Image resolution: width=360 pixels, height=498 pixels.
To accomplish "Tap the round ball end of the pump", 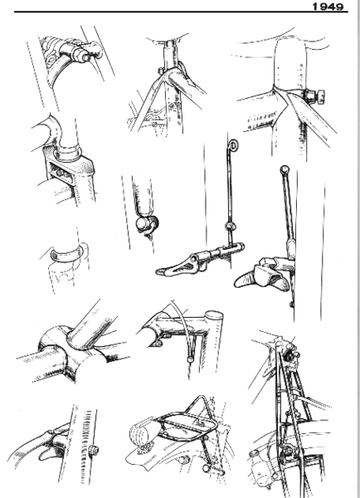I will point(144,225).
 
